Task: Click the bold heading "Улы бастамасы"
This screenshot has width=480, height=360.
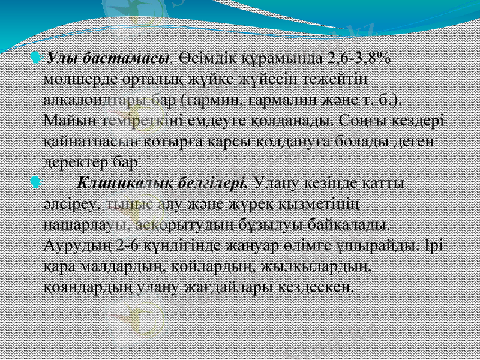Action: [107, 60]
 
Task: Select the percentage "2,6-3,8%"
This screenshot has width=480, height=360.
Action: [358, 60]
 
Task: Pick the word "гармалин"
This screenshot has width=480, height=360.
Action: [274, 99]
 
